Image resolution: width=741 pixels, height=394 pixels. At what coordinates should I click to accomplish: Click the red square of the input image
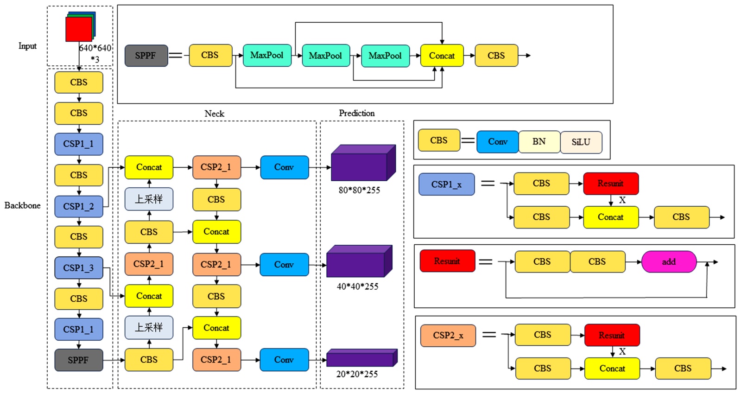[78, 29]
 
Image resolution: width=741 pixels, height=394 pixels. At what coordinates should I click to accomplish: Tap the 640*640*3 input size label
[95, 53]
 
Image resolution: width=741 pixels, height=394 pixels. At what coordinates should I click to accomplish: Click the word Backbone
[22, 205]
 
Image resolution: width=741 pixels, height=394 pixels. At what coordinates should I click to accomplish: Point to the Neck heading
[214, 114]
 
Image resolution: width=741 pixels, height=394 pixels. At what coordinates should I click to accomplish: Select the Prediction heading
[356, 113]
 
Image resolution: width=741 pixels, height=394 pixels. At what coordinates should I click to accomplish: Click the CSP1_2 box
[79, 206]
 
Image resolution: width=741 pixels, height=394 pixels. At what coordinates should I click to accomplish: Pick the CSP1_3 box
[79, 268]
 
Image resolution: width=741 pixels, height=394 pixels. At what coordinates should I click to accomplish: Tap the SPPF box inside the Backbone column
[79, 360]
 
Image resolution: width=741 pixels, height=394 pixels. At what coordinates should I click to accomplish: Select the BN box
[539, 142]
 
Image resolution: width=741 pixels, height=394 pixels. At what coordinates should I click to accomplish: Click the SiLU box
[581, 142]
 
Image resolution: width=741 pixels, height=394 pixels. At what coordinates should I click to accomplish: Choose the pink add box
[669, 262]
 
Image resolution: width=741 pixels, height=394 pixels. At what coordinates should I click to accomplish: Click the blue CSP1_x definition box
[446, 184]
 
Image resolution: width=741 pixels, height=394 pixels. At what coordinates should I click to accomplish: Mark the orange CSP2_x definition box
[448, 336]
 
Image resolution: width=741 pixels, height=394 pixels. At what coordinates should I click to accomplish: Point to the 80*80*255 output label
[359, 190]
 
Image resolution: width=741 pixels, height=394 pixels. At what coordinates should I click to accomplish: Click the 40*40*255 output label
[357, 286]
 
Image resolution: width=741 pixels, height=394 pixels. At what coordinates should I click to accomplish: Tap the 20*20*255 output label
[357, 374]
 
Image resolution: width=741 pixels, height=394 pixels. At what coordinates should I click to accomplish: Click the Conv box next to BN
[497, 142]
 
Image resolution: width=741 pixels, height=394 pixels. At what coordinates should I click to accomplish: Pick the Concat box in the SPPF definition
[442, 56]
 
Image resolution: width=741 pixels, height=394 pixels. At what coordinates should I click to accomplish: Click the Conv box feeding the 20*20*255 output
[284, 360]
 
